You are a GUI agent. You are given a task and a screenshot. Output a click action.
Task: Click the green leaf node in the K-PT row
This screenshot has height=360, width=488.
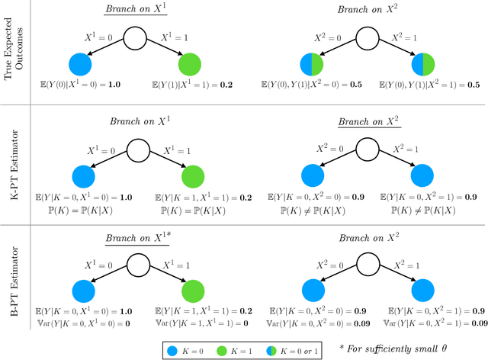point(192,176)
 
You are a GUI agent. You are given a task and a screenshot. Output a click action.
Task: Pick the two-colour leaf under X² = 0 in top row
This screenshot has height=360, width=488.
point(311,63)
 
